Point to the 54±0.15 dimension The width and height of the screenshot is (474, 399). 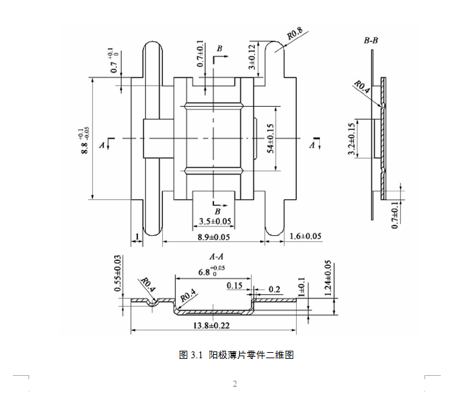coord(270,138)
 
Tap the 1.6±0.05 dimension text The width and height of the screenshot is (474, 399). coord(305,236)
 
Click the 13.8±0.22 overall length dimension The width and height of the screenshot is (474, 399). coord(212,327)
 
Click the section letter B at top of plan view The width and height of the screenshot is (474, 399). coord(219,50)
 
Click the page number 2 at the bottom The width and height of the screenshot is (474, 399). coord(235,385)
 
